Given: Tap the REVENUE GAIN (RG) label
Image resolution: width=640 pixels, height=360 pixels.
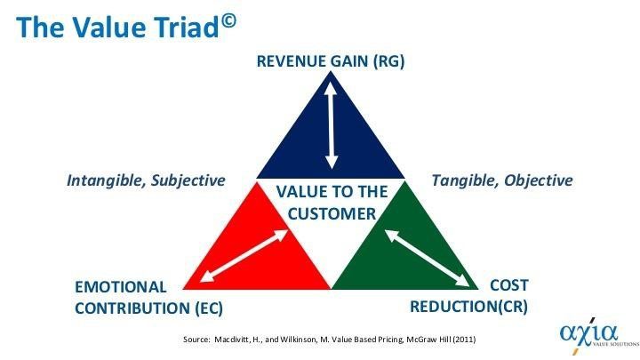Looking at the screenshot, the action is [x=331, y=61].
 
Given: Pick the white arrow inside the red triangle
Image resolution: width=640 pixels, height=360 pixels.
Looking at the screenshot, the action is [x=244, y=256].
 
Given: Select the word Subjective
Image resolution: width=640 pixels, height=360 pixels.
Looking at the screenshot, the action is [x=188, y=180].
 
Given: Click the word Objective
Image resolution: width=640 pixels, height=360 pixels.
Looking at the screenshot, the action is [x=539, y=180].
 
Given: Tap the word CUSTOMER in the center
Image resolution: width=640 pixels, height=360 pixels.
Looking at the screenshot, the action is [x=332, y=214].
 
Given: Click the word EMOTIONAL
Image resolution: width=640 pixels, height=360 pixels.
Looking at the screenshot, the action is [x=120, y=287].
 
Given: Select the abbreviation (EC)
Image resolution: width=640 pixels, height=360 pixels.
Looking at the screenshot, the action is [x=209, y=308].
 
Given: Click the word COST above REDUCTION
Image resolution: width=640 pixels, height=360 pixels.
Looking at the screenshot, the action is [x=509, y=285].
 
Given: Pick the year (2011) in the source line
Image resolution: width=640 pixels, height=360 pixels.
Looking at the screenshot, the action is [x=465, y=340].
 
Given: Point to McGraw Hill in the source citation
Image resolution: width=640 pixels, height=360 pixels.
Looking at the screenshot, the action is [x=429, y=340].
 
